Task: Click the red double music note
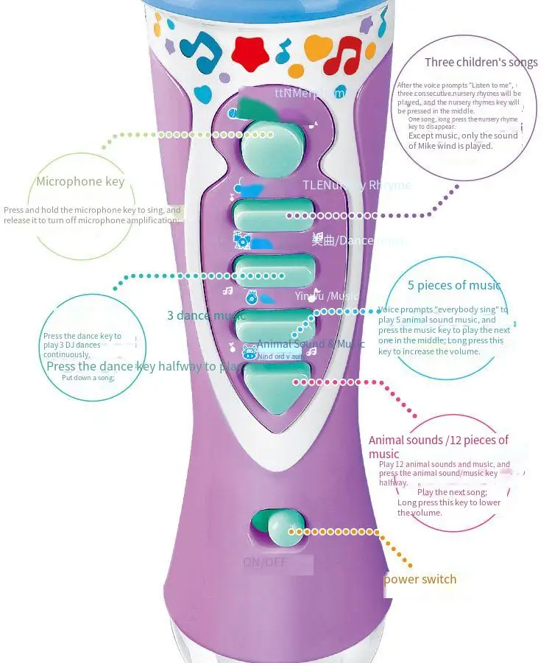click(x=344, y=55)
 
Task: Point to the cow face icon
click(x=249, y=352)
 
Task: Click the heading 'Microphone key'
click(x=80, y=181)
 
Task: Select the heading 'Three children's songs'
click(x=481, y=63)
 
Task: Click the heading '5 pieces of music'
click(x=454, y=285)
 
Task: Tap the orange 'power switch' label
click(x=420, y=579)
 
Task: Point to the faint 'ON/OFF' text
click(x=266, y=563)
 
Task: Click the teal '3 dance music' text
click(x=207, y=316)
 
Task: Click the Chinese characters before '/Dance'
click(x=322, y=240)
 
